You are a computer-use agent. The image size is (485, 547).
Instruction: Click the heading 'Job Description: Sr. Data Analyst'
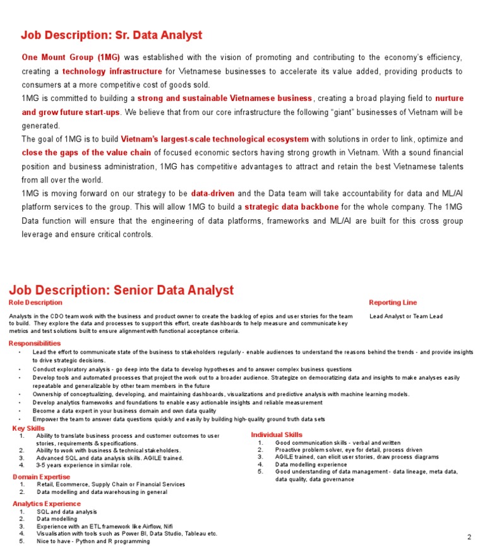coord(111,35)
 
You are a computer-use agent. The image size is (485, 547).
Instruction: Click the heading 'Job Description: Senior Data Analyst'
coord(121,290)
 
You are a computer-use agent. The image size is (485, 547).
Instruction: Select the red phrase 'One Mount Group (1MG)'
coord(71,57)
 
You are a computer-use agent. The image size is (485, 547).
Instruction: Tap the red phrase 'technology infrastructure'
coord(112,71)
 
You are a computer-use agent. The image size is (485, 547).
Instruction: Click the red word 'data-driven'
coord(212,193)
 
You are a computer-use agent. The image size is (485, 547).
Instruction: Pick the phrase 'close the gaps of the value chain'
coord(87,152)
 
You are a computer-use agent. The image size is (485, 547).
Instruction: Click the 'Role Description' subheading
coord(35,303)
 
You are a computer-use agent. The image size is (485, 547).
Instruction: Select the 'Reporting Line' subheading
coord(393,303)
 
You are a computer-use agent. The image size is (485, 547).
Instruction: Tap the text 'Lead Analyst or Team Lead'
coord(406,316)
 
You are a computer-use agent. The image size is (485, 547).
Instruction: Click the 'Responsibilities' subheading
coord(35,343)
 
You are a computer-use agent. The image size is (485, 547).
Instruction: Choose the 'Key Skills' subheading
coord(28,428)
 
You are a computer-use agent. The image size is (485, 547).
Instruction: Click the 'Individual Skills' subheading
coord(277,435)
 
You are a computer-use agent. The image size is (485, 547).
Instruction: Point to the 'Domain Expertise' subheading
coord(41,477)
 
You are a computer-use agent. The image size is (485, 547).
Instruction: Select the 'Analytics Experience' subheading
coord(47,503)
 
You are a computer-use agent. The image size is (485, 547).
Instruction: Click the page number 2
coord(469,537)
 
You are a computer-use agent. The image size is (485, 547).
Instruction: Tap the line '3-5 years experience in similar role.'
coord(84,465)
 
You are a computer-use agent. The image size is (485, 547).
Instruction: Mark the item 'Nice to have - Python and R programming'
coord(93,541)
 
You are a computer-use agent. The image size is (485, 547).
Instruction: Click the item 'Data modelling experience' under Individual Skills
coord(311,464)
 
